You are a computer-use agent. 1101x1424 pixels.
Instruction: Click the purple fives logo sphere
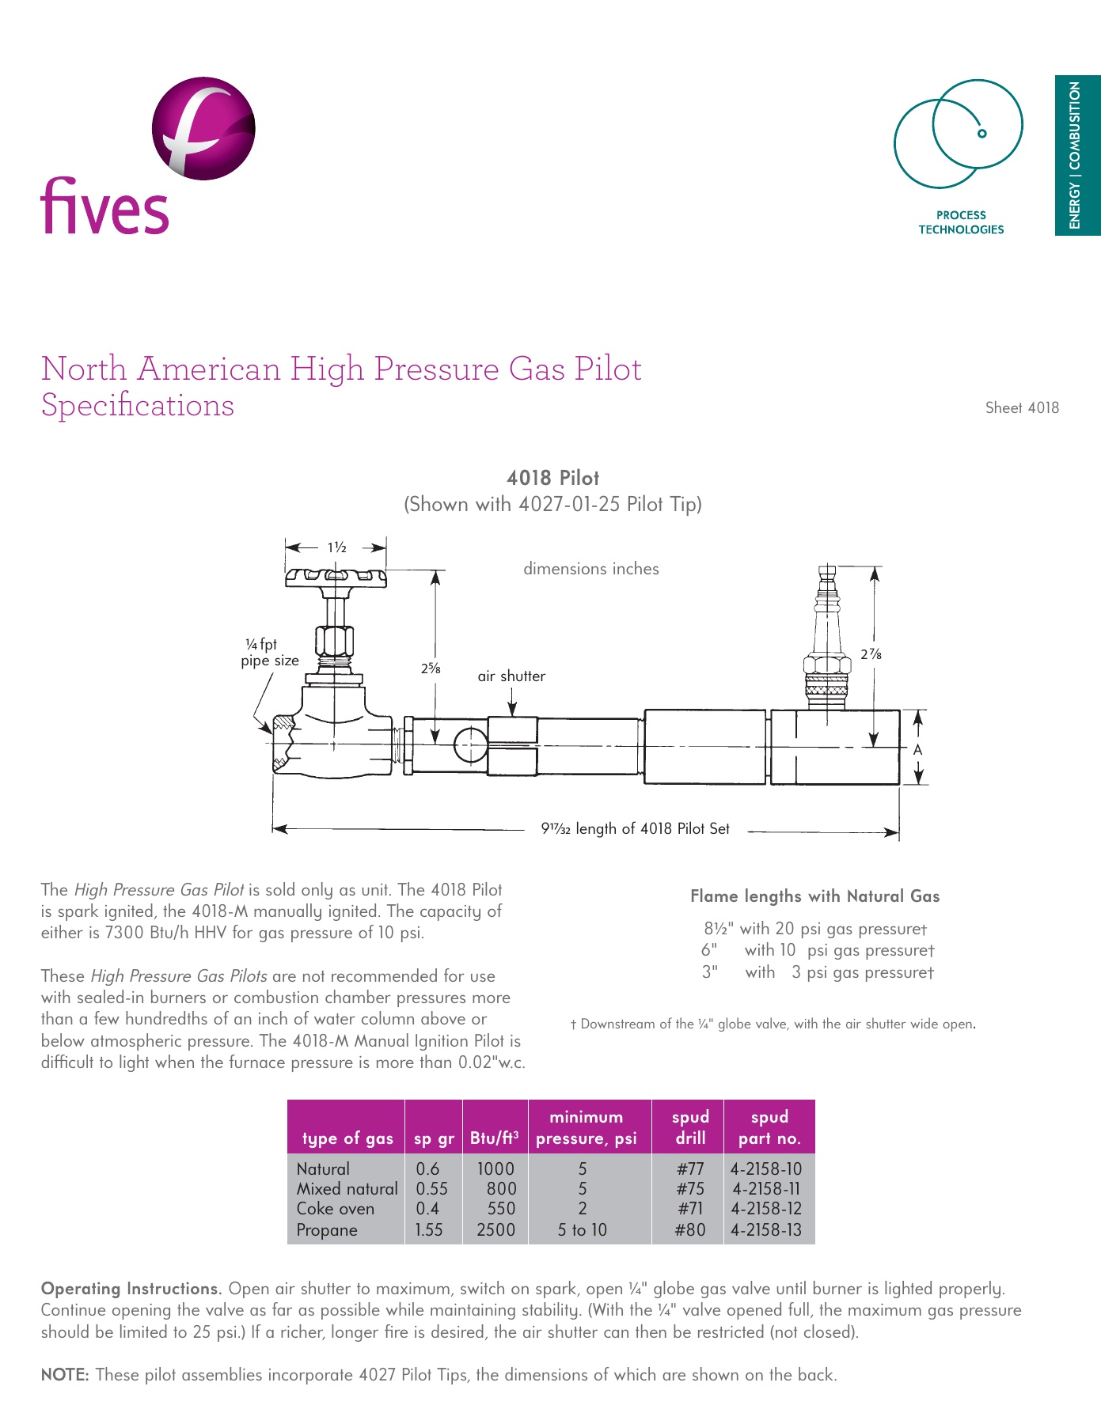pyautogui.click(x=203, y=128)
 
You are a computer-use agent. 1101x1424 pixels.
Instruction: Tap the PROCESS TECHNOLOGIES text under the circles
pyautogui.click(x=960, y=222)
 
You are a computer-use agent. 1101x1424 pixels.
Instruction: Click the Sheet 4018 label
pyautogui.click(x=1021, y=408)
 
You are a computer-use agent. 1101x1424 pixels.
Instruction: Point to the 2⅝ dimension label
pyautogui.click(x=430, y=668)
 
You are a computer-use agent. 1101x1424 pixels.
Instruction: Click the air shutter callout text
pyautogui.click(x=511, y=676)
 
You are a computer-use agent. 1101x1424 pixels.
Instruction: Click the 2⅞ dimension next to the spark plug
pyautogui.click(x=871, y=654)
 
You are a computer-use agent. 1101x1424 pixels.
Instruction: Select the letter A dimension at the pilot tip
pyautogui.click(x=917, y=749)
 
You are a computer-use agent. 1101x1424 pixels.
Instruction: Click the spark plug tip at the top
pyautogui.click(x=827, y=573)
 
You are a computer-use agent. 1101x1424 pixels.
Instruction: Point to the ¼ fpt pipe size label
pyautogui.click(x=269, y=653)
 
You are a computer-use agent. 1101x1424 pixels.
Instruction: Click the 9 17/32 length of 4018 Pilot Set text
pyautogui.click(x=635, y=829)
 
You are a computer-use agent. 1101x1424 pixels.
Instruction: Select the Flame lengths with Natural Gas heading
pyautogui.click(x=814, y=896)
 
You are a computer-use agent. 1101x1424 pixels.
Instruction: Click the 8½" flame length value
pyautogui.click(x=719, y=929)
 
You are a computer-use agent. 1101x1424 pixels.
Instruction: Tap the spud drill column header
pyautogui.click(x=690, y=1127)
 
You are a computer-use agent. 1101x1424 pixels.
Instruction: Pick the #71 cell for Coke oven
pyautogui.click(x=690, y=1209)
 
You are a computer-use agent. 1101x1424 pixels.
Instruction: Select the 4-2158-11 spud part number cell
pyautogui.click(x=766, y=1189)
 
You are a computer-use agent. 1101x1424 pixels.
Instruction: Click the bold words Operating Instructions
pyautogui.click(x=131, y=1289)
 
